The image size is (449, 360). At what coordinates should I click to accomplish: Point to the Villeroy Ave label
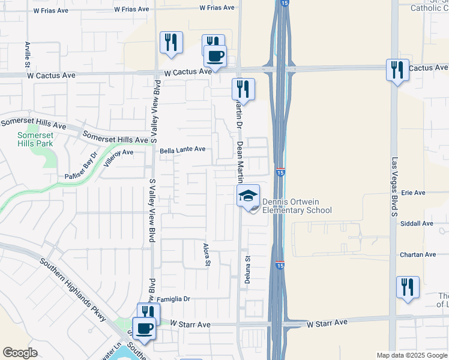[118, 160]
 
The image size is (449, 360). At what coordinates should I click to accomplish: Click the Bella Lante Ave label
[182, 149]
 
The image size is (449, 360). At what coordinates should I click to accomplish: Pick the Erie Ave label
[413, 193]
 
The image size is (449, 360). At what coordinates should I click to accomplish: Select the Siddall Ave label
[417, 224]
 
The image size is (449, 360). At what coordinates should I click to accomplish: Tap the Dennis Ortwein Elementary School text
[297, 206]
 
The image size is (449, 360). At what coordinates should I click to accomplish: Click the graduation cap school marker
[248, 195]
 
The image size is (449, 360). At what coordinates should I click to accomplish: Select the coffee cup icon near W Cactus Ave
[215, 56]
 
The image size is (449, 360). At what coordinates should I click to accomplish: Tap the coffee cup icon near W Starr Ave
[143, 328]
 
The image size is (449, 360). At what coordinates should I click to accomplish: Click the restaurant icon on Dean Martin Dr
[243, 89]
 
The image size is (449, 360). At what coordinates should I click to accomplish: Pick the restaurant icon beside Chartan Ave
[408, 287]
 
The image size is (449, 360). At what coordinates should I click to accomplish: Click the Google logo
[20, 353]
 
